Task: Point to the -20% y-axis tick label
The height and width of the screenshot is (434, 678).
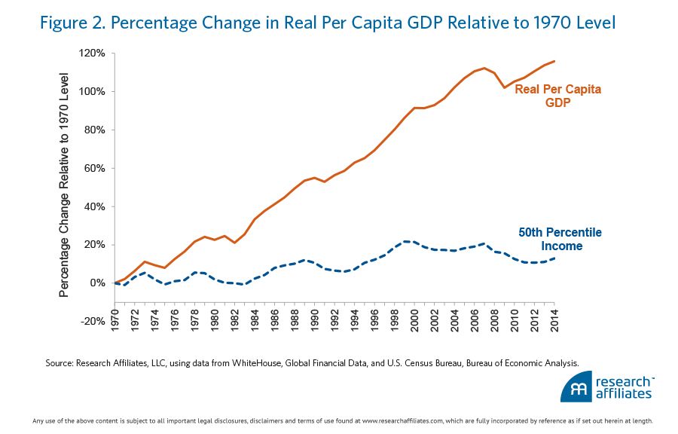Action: pyautogui.click(x=93, y=321)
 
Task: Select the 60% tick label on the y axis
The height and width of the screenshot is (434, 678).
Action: pyautogui.click(x=95, y=168)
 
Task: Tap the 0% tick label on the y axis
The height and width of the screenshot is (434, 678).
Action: pyautogui.click(x=98, y=283)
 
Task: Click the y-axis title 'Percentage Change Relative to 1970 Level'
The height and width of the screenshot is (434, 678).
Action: pyautogui.click(x=66, y=185)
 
